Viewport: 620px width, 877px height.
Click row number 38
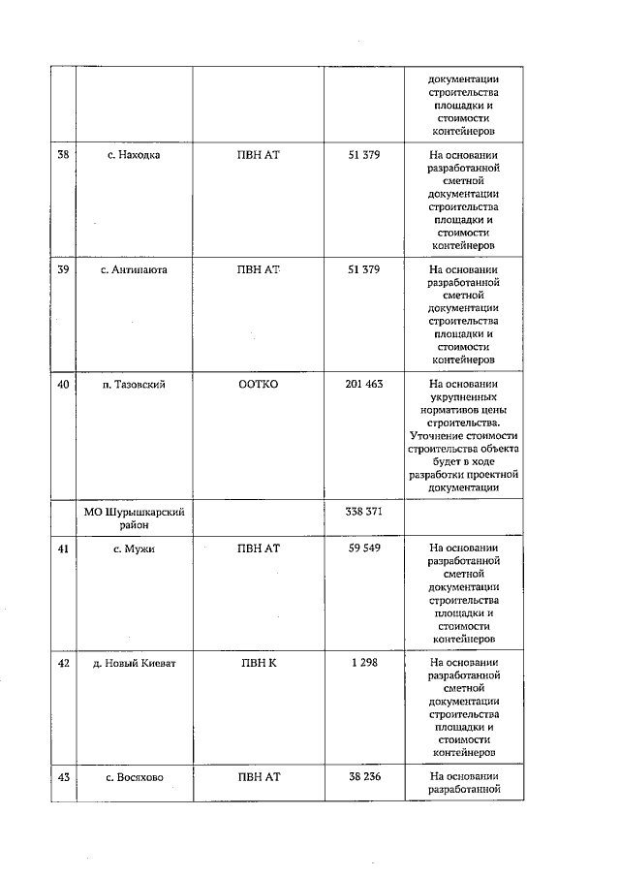63,155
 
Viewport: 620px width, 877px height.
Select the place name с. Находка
134,155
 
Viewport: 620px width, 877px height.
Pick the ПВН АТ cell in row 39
258,269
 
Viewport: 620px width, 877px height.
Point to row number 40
63,384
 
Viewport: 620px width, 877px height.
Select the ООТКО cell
258,384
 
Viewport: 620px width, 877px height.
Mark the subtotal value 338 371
363,511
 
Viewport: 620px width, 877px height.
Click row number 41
63,548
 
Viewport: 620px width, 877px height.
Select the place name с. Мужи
134,548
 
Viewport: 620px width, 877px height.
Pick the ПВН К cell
258,662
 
